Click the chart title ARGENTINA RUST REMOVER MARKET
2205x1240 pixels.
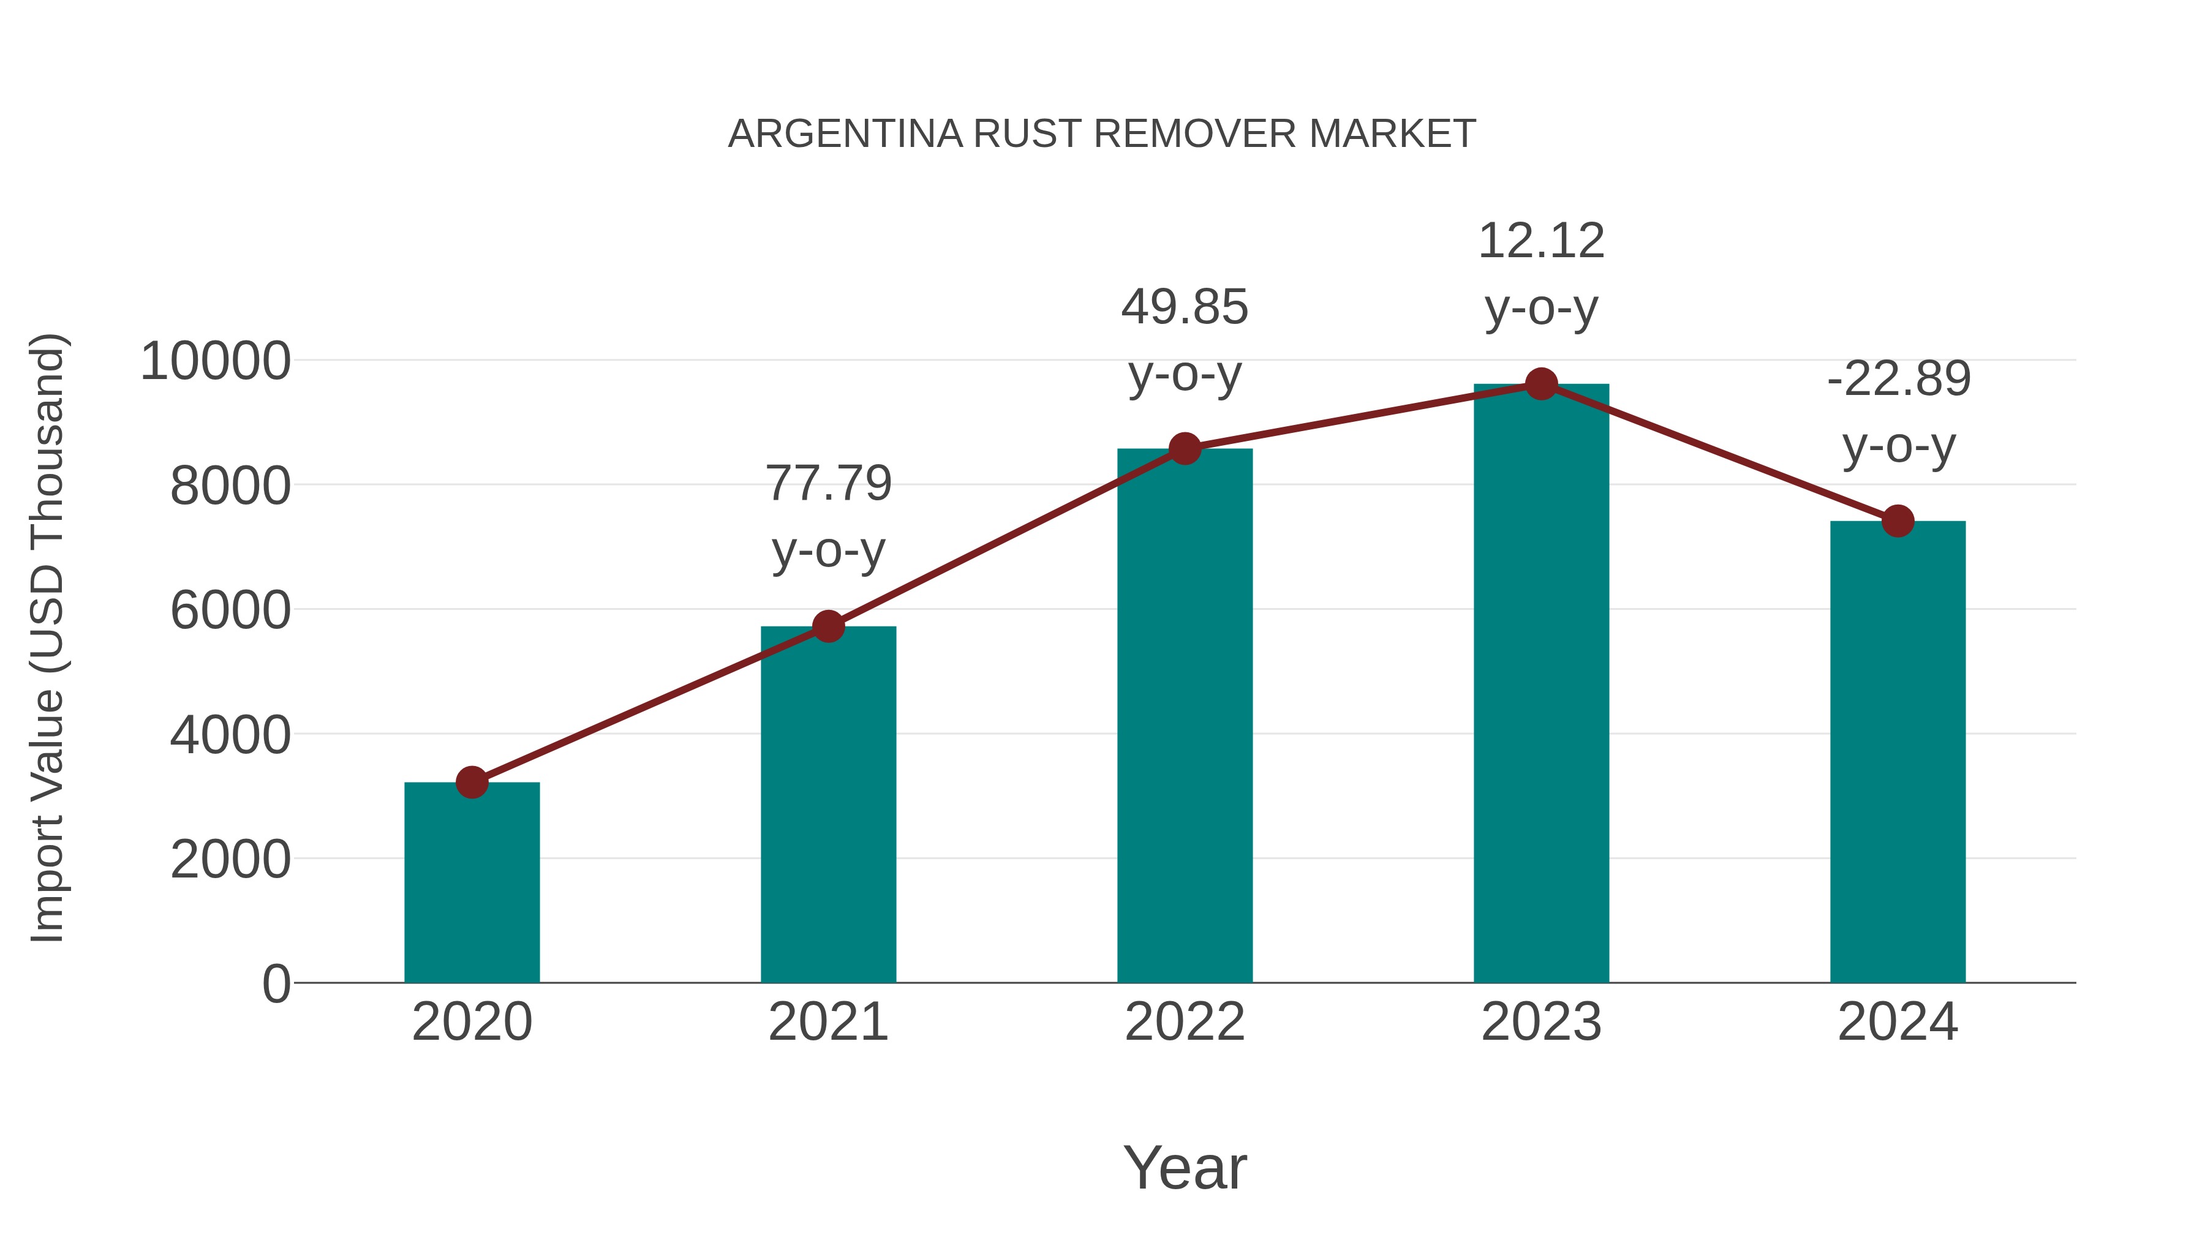[1102, 134]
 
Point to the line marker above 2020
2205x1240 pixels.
[472, 782]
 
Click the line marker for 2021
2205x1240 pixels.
[827, 626]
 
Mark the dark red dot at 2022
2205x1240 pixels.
[1185, 448]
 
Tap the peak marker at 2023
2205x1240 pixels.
[1541, 384]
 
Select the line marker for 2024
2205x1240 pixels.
[1898, 520]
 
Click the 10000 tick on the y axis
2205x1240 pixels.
[216, 361]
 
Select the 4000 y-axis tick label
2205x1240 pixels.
[230, 735]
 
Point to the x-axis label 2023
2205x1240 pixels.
[1541, 1022]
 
